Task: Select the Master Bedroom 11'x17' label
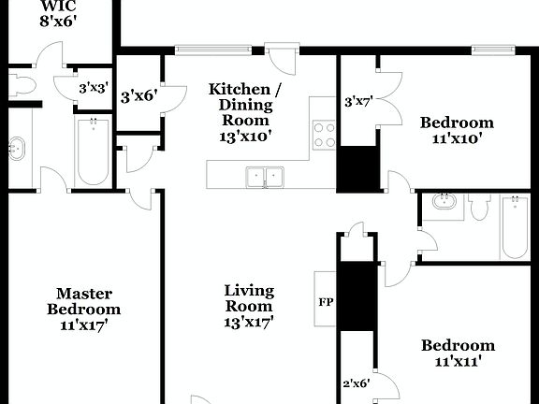coord(83,310)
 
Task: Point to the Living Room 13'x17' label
coord(248,306)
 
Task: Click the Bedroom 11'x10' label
coord(456,130)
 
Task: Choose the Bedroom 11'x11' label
coord(457,352)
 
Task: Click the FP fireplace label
coord(326,302)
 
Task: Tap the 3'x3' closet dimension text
coord(94,89)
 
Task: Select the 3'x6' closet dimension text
coord(138,95)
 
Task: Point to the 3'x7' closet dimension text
coord(359,101)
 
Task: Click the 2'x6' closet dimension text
coord(356,382)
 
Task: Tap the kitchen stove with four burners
coord(324,136)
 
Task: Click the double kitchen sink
coord(265,176)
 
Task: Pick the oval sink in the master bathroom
coord(16,148)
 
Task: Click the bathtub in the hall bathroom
coord(515,226)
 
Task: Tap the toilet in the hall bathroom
coord(479,206)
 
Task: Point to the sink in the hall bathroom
coord(443,204)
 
